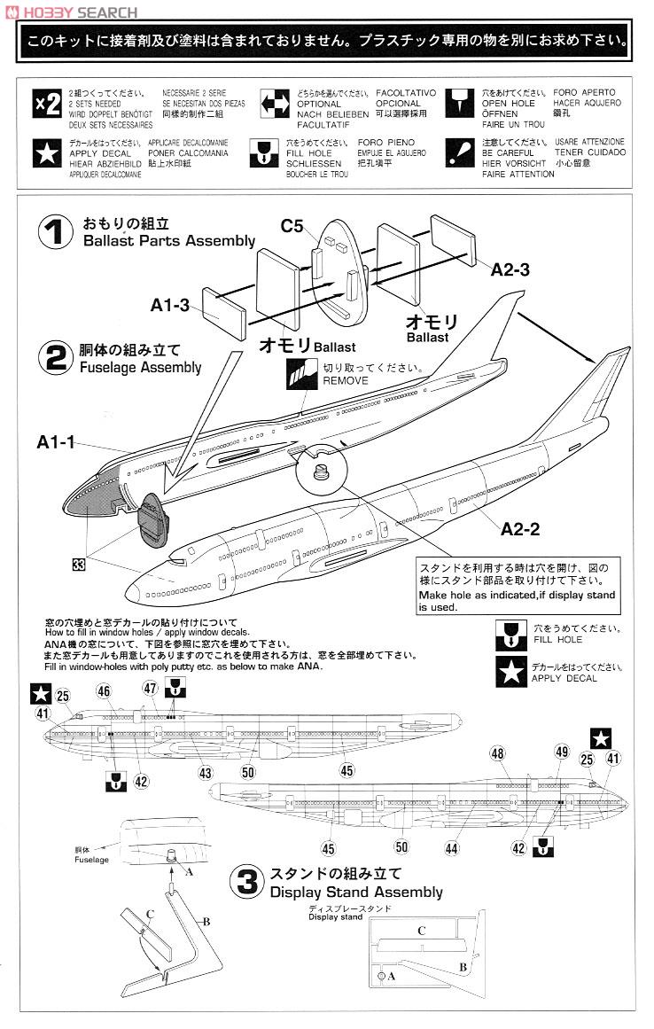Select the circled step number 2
(56, 358)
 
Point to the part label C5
(292, 226)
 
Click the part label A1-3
(169, 305)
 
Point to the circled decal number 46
(104, 691)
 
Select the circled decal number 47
(150, 689)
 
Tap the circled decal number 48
(497, 753)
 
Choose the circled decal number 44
(452, 848)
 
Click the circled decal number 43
(206, 773)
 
